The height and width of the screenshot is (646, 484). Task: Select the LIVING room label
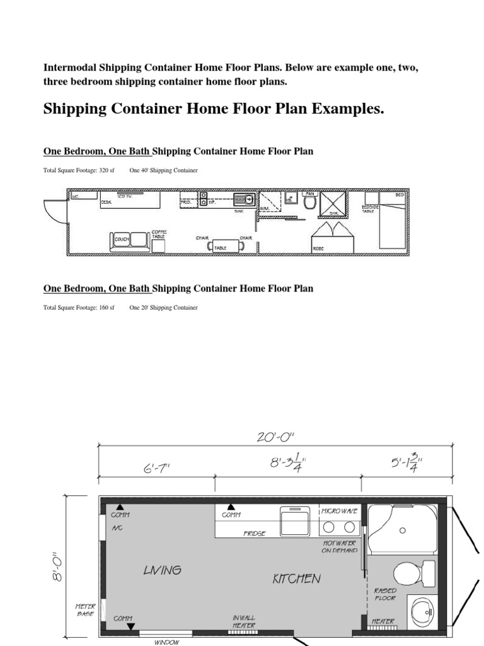(x=162, y=570)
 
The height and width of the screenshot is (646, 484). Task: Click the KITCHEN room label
(x=296, y=578)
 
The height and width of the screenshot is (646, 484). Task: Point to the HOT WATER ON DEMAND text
(x=340, y=546)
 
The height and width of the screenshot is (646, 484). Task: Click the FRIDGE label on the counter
(x=255, y=533)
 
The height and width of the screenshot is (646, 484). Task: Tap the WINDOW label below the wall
(x=166, y=642)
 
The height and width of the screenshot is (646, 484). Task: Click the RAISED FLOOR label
(x=385, y=594)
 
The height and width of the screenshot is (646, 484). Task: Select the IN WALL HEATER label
(x=244, y=621)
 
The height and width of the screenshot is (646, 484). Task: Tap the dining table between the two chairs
(x=220, y=247)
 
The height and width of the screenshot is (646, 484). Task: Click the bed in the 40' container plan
(x=391, y=221)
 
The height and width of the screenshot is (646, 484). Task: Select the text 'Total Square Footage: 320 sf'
(x=79, y=170)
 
